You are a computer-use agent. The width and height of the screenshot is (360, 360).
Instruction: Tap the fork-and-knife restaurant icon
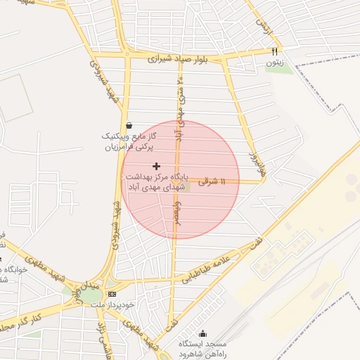coord(275,51)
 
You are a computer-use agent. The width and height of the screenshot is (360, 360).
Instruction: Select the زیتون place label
coord(274,63)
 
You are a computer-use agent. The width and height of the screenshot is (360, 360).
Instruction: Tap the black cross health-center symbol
coord(155,166)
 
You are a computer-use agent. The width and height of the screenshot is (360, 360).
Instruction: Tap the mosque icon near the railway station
coord(204,333)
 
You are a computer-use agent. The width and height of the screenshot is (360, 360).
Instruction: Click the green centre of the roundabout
coord(91,295)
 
